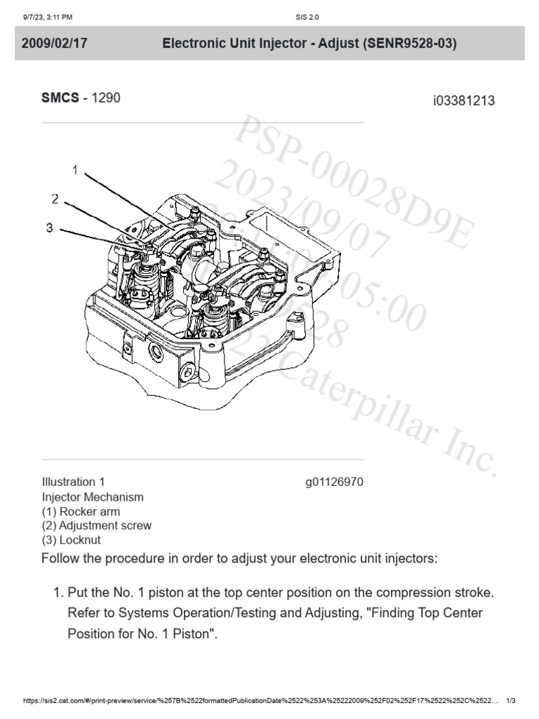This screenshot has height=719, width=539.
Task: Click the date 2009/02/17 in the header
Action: pyautogui.click(x=54, y=44)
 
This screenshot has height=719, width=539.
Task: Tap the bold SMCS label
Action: pyautogui.click(x=61, y=98)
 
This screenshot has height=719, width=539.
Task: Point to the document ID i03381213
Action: pyautogui.click(x=464, y=100)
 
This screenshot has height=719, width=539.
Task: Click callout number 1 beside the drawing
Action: pyautogui.click(x=74, y=169)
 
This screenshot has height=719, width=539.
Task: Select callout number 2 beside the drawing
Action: pyautogui.click(x=55, y=199)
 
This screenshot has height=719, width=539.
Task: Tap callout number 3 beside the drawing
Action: pyautogui.click(x=48, y=227)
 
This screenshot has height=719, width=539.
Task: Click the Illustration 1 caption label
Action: pyautogui.click(x=73, y=482)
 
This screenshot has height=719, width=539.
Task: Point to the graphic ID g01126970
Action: pyautogui.click(x=333, y=482)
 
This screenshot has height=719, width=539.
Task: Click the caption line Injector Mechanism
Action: pyautogui.click(x=93, y=497)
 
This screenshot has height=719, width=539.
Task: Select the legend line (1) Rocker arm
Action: pyautogui.click(x=80, y=511)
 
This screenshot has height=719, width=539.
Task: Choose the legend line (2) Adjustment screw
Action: pyautogui.click(x=96, y=525)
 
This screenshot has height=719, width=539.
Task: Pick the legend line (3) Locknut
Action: pyautogui.click(x=71, y=540)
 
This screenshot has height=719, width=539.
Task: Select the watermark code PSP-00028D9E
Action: pyautogui.click(x=351, y=183)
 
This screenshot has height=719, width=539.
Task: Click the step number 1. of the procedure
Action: pyautogui.click(x=59, y=593)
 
